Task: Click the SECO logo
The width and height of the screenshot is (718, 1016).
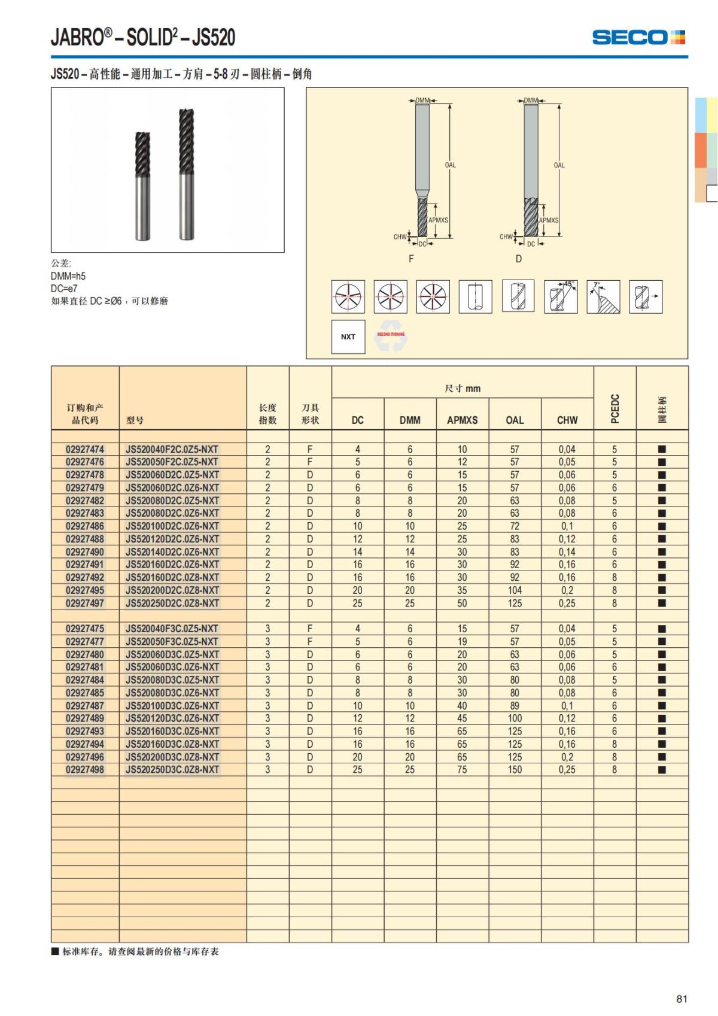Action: click(x=638, y=37)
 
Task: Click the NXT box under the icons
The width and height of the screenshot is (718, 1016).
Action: click(x=348, y=336)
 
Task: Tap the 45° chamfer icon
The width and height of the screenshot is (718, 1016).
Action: click(x=561, y=296)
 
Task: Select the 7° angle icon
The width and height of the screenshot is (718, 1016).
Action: click(x=603, y=296)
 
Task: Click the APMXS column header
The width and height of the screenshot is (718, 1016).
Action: click(x=462, y=420)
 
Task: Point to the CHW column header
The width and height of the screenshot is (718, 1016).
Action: click(x=567, y=420)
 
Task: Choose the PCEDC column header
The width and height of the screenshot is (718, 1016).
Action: click(x=614, y=408)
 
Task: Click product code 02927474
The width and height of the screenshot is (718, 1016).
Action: click(x=85, y=449)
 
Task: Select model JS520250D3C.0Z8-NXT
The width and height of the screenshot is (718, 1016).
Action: click(x=172, y=769)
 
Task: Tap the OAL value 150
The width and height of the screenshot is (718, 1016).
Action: click(x=515, y=769)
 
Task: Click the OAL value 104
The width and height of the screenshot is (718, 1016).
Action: click(x=515, y=590)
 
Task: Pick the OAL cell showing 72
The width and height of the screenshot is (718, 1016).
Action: click(x=515, y=526)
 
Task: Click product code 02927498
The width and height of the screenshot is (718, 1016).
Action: click(x=85, y=769)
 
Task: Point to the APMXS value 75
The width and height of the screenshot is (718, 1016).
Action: click(x=462, y=769)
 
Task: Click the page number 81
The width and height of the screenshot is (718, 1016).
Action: click(x=682, y=999)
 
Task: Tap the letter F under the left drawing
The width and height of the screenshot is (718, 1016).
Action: click(x=411, y=259)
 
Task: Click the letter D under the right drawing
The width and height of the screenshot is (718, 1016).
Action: click(x=519, y=259)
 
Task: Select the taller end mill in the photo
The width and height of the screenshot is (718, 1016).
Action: click(x=187, y=174)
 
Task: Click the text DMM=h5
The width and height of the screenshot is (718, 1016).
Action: click(x=68, y=276)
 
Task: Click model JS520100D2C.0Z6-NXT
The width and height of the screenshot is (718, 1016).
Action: click(x=172, y=526)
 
